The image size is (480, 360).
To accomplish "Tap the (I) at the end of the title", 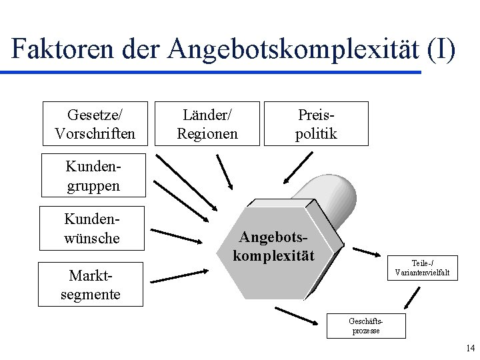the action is tap(440, 50).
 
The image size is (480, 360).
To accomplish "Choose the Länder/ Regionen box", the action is tap(207, 123).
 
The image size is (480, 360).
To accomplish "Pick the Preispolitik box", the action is tap(316, 123).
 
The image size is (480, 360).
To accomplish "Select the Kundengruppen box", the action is tap(93, 175).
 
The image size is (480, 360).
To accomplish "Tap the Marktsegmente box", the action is tap(91, 284).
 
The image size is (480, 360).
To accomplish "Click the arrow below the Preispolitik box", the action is tap(297, 167).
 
